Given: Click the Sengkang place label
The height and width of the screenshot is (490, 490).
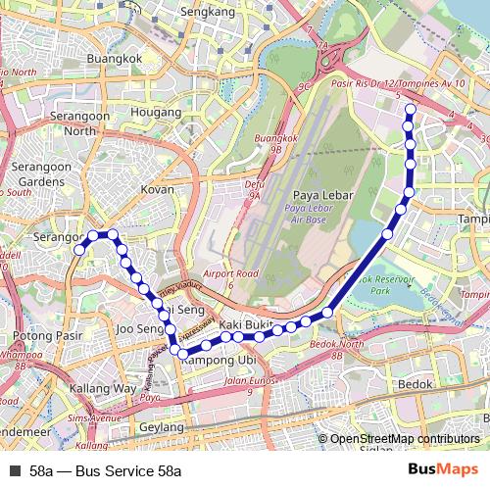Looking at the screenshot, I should [209, 12].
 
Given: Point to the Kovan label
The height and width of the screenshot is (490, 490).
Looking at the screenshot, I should [158, 188].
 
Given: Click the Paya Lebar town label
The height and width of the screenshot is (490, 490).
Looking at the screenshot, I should [316, 195].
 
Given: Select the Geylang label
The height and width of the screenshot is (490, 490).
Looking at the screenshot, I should [162, 427].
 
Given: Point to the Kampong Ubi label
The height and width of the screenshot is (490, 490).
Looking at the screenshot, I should [212, 361].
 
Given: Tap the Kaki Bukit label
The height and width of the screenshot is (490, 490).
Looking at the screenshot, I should [245, 324].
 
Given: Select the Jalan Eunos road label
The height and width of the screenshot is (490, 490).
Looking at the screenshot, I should [246, 381].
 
